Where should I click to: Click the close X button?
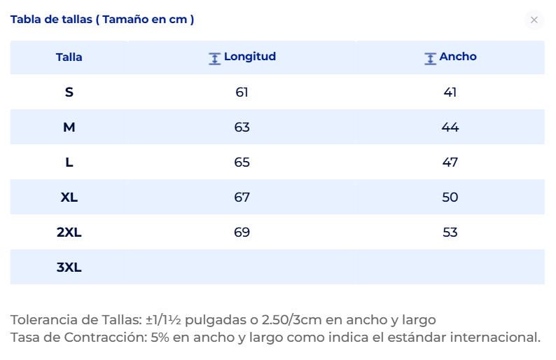[534, 20]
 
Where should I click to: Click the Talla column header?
[69, 57]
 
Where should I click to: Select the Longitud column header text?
[250, 57]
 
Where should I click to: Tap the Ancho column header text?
[458, 57]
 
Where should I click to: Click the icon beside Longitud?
[214, 59]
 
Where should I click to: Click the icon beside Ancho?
[430, 59]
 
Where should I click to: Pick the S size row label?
[69, 92]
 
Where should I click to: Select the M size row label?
[69, 127]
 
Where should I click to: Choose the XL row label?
[69, 198]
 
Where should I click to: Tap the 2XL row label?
[69, 233]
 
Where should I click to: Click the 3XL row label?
[69, 267]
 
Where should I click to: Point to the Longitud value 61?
[242, 92]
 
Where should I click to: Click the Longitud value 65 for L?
[242, 162]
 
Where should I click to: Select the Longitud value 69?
[242, 233]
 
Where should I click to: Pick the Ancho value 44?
[450, 127]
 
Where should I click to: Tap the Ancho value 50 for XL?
[450, 198]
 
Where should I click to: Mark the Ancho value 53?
[450, 233]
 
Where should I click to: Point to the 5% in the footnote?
[160, 338]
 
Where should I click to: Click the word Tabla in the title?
[26, 19]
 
